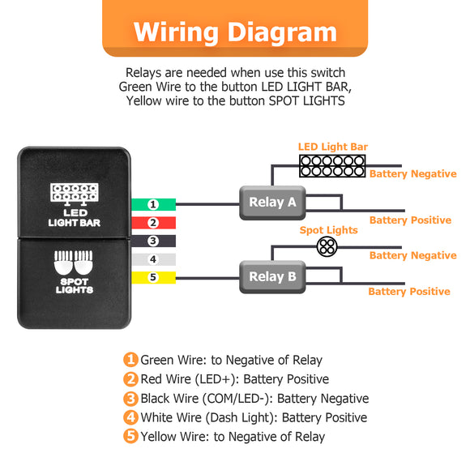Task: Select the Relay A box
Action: (x=271, y=203)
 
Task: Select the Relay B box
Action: (x=271, y=277)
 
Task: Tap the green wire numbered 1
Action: (x=152, y=204)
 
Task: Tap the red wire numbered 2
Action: (x=152, y=223)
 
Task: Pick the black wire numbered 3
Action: (x=152, y=241)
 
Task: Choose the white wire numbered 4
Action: (x=152, y=260)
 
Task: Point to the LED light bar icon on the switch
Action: (x=75, y=193)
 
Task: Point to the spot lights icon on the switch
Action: (x=75, y=264)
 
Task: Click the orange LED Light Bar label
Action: (x=332, y=147)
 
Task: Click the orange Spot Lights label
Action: (x=328, y=230)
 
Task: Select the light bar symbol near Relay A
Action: (x=332, y=165)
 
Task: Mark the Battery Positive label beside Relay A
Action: (x=410, y=220)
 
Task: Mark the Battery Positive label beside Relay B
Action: (x=409, y=292)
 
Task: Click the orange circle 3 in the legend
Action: (x=130, y=399)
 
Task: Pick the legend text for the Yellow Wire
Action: (x=233, y=437)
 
